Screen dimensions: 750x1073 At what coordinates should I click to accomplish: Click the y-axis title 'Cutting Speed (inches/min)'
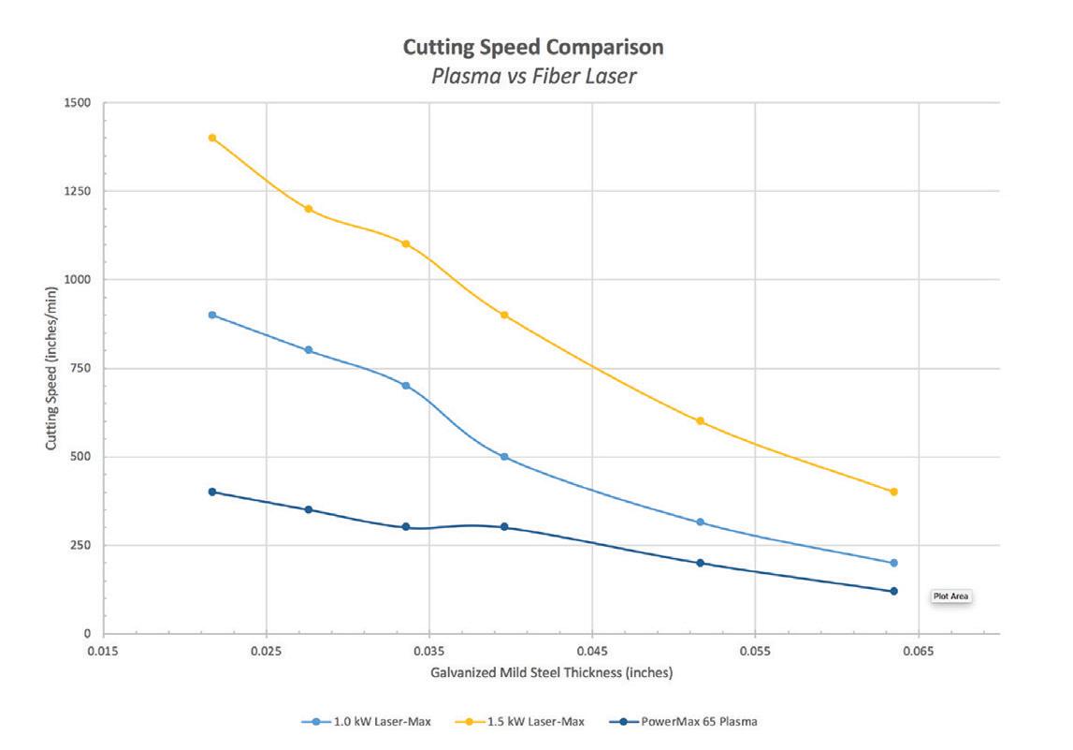[51, 367]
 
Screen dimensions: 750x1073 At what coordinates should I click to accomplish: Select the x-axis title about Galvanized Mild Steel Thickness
[551, 672]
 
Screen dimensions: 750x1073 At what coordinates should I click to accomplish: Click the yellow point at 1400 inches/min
[212, 138]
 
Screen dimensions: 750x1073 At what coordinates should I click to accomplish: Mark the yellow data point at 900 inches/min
[504, 315]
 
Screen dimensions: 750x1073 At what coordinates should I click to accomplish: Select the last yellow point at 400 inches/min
[894, 492]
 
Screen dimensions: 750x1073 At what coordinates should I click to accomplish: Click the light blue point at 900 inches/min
[212, 315]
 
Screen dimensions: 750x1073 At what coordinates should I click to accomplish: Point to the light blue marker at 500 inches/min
[504, 457]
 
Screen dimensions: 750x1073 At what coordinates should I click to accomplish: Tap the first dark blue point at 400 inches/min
[212, 492]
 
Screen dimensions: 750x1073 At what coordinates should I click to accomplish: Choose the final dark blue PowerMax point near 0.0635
[894, 591]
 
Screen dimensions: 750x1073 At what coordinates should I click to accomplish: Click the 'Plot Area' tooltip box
[952, 596]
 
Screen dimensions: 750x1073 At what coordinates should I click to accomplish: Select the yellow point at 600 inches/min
[700, 421]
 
